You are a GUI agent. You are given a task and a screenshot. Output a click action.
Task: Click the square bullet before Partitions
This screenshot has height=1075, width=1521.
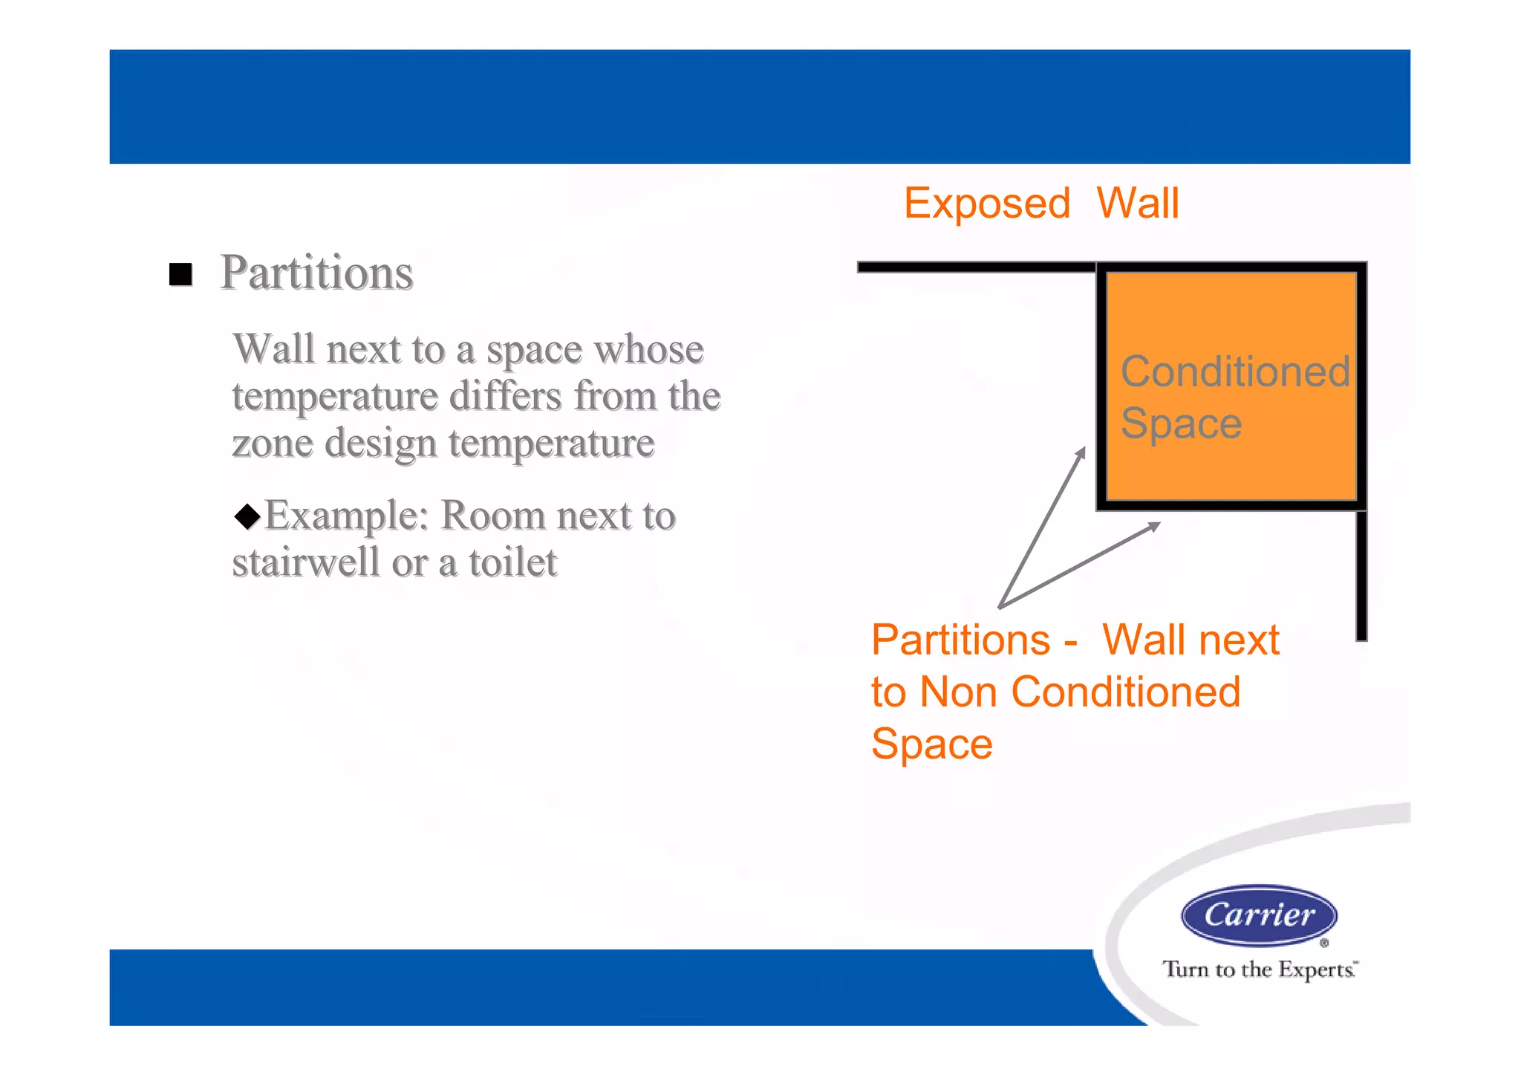pyautogui.click(x=180, y=274)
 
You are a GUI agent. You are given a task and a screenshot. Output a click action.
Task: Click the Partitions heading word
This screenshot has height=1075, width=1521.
pyautogui.click(x=316, y=273)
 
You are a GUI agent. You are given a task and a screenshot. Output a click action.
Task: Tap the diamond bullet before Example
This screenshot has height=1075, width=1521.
pyautogui.click(x=247, y=516)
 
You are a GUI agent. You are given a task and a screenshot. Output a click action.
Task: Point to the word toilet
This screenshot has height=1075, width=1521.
pyautogui.click(x=512, y=562)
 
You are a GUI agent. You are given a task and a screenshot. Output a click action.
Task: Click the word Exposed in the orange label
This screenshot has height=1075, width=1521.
pyautogui.click(x=986, y=204)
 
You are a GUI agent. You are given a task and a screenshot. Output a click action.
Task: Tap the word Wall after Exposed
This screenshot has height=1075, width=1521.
pyautogui.click(x=1137, y=204)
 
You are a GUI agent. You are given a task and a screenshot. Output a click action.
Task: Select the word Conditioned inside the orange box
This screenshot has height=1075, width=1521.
pyautogui.click(x=1234, y=371)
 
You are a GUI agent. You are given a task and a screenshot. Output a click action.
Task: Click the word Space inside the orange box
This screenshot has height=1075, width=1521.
pyautogui.click(x=1181, y=423)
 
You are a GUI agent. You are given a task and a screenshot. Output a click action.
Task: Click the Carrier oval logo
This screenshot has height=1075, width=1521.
pyautogui.click(x=1259, y=915)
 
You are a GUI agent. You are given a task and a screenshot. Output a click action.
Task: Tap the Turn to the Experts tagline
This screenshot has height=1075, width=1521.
pyautogui.click(x=1259, y=970)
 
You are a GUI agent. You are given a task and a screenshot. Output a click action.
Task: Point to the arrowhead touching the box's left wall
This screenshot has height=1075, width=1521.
pyautogui.click(x=1081, y=452)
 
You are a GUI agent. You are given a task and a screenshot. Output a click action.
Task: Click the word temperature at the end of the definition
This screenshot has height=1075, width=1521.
pyautogui.click(x=551, y=444)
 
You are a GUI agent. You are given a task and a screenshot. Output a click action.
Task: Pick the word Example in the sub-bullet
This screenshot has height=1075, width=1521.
pyautogui.click(x=346, y=516)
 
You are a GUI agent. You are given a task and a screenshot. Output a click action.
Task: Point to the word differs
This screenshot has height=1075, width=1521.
pyautogui.click(x=505, y=396)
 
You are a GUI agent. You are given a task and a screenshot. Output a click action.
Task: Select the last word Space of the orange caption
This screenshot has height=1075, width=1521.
pyautogui.click(x=931, y=744)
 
